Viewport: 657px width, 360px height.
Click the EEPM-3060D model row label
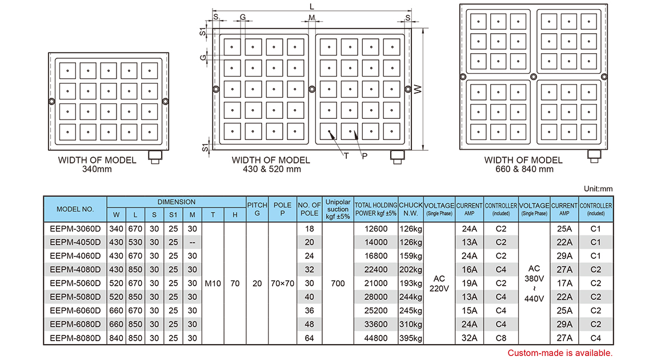75,229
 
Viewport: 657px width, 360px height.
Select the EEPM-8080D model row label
75,338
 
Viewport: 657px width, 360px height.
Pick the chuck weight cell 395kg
411,338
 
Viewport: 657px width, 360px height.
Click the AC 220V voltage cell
439,283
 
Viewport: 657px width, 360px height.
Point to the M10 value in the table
213,283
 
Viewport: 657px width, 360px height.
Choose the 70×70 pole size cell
283,283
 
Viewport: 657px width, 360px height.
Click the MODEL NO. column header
75,209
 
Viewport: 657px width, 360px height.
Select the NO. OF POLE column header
309,209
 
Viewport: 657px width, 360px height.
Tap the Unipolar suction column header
338,209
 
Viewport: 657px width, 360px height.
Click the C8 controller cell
501,338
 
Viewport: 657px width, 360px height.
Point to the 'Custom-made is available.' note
560,353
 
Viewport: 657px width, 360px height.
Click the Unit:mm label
598,189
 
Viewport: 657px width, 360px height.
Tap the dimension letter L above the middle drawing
311,6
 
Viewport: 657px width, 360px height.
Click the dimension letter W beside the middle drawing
418,89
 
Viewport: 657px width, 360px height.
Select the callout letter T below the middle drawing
346,155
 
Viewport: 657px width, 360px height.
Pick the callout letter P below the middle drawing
364,155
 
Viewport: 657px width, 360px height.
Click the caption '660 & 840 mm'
523,169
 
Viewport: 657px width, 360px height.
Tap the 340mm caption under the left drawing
97,169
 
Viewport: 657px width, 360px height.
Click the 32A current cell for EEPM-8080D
469,338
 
